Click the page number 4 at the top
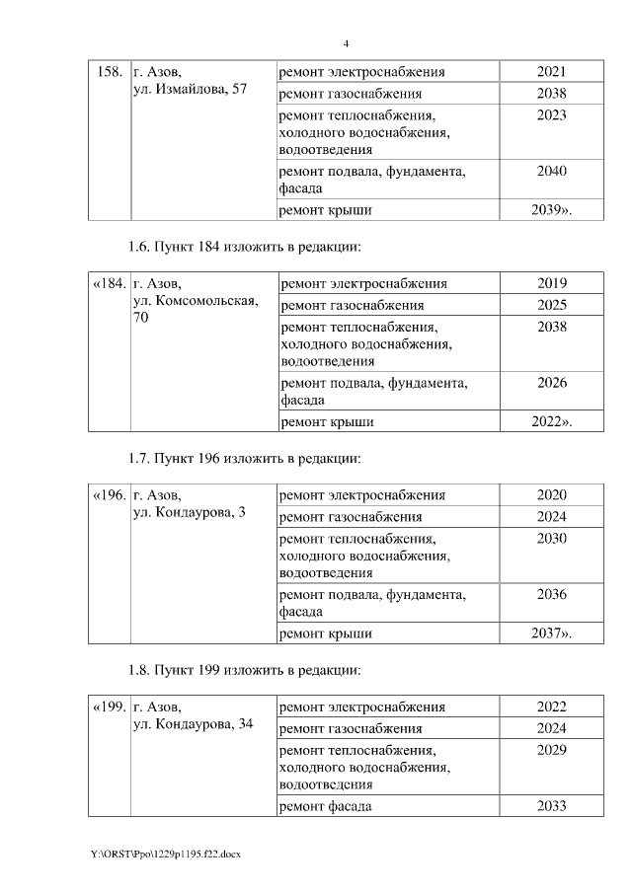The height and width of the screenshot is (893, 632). coord(346,44)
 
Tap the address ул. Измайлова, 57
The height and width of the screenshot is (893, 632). coord(190,90)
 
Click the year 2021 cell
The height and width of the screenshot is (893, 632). coord(551,72)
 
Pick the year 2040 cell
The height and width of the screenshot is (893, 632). coord(551,171)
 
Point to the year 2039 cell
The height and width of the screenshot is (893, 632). coord(551,209)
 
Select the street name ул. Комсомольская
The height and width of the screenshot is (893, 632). coord(196,302)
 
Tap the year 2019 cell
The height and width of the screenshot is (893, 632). coord(551,284)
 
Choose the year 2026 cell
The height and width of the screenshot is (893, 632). coord(551,383)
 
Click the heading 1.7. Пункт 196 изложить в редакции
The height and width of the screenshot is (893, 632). coord(245,458)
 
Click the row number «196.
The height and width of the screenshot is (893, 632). coord(109,495)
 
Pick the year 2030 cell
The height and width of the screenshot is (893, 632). coord(551,538)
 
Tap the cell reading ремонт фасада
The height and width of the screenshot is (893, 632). coord(326,806)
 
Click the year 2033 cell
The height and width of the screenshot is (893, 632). coord(551,806)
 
